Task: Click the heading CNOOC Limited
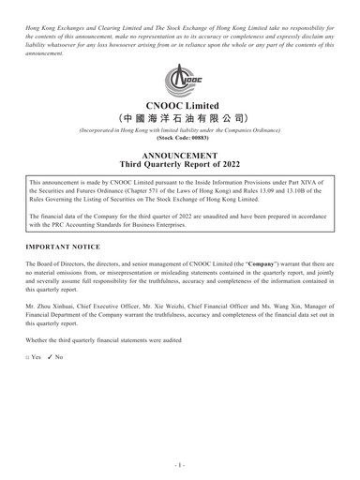[x=180, y=107]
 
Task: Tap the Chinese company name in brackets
[x=180, y=124]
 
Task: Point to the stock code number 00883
[x=194, y=149]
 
